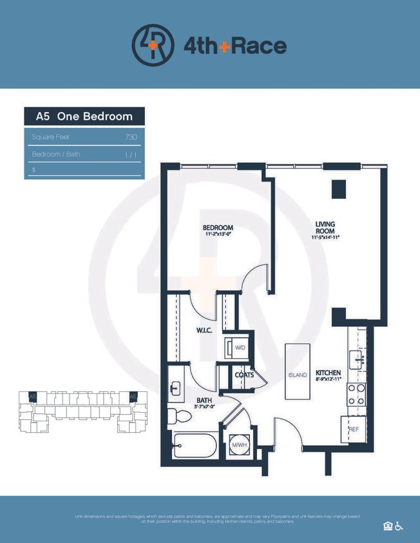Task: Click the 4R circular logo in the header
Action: coord(153,45)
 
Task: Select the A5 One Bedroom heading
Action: coord(84,116)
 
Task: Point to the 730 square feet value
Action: coord(131,137)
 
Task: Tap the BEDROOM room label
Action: coord(218,228)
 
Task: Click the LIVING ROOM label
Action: coord(325,228)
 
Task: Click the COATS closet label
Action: coord(243,374)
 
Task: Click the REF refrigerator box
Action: coord(353,429)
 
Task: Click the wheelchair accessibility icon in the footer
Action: coord(399,526)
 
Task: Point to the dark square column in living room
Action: coord(338,189)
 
